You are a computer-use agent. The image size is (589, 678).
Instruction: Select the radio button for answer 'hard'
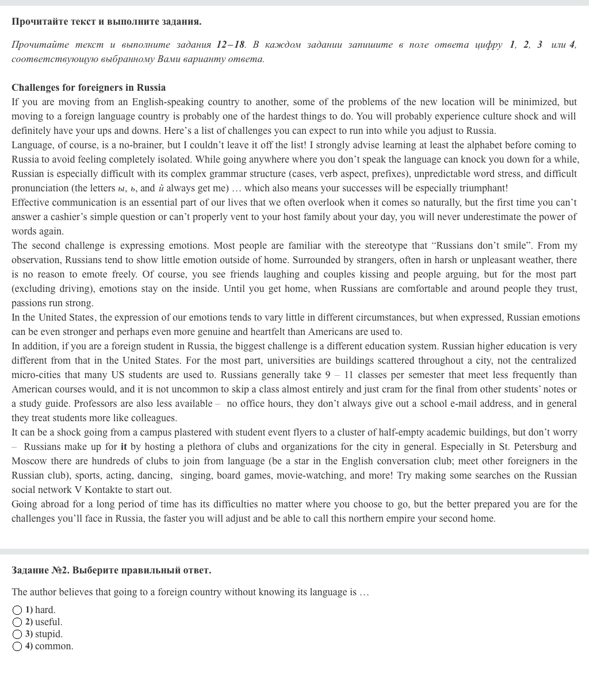click(17, 610)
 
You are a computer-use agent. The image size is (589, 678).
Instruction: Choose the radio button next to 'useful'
click(17, 622)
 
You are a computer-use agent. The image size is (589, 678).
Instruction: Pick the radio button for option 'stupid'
click(17, 634)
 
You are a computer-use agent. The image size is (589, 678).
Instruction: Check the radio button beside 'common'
click(17, 646)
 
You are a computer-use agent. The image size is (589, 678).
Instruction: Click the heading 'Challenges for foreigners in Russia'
click(89, 88)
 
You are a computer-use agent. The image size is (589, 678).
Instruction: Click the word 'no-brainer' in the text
click(117, 145)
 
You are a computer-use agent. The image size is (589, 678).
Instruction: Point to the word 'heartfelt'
click(276, 332)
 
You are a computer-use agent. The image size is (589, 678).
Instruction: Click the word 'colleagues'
click(152, 418)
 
